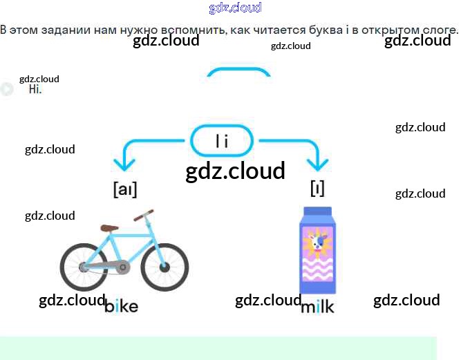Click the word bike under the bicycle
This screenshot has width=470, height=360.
point(122,305)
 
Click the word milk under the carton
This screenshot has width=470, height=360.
point(317,306)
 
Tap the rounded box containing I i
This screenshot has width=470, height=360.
point(222,141)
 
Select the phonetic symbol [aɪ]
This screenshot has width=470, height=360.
point(125,189)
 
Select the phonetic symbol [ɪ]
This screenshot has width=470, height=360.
point(317,188)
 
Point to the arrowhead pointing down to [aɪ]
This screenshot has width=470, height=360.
point(124,165)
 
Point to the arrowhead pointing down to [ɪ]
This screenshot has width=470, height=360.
point(318,165)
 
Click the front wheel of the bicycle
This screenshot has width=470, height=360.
point(164,267)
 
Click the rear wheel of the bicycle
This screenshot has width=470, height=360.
point(84,267)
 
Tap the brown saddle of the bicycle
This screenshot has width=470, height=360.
point(109,227)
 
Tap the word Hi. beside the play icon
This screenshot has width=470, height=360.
point(35,89)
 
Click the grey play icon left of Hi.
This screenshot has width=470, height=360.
point(7,89)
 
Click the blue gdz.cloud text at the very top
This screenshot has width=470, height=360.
point(235,8)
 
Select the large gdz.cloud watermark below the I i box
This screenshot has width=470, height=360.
point(235,171)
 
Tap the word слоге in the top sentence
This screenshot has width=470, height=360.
point(440,30)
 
